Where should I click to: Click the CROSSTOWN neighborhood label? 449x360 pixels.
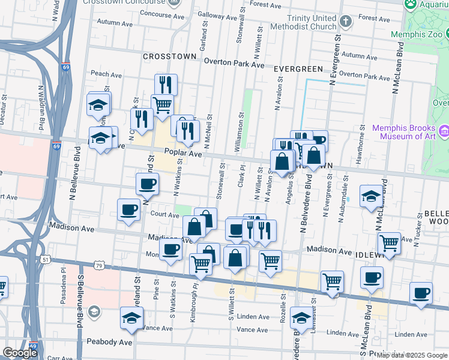point(169,56)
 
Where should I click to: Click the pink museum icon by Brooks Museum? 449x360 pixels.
point(444,130)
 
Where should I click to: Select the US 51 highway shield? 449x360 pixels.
point(46,259)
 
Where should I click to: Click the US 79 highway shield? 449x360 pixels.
point(99,265)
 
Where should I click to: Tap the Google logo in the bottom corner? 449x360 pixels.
point(20,353)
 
